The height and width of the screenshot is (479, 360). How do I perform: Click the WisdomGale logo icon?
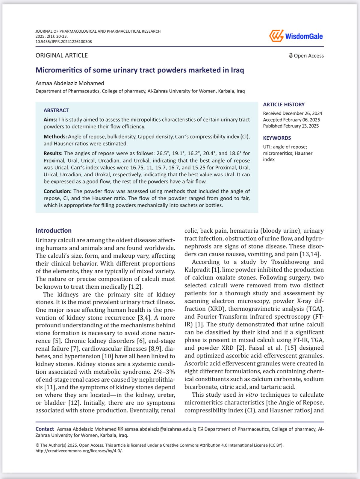point(276,36)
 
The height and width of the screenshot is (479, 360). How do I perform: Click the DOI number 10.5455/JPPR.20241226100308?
point(63,42)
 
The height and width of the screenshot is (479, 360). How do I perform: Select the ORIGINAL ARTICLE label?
point(62,55)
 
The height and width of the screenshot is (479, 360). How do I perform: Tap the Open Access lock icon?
point(291,55)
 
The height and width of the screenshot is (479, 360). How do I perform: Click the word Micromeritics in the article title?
point(59,70)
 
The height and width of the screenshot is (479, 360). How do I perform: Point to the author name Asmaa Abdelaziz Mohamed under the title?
point(70,83)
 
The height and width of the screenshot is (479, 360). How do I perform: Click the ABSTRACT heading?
point(56,110)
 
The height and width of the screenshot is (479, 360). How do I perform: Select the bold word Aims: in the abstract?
point(50,119)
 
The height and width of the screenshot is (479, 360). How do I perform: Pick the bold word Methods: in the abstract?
point(55,137)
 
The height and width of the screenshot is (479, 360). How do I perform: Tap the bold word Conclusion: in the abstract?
point(58,191)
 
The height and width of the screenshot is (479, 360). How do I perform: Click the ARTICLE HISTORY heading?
point(284,104)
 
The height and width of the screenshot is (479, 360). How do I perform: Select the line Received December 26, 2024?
point(292,113)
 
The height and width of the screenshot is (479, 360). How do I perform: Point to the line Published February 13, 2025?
point(291,126)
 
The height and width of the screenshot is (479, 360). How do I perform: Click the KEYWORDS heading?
point(277,138)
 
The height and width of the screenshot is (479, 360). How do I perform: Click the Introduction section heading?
point(53,231)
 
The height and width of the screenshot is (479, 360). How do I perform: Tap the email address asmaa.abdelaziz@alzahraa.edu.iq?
point(160,429)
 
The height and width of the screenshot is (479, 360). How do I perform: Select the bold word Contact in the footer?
point(45,429)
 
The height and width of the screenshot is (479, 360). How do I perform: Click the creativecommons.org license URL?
point(79,451)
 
